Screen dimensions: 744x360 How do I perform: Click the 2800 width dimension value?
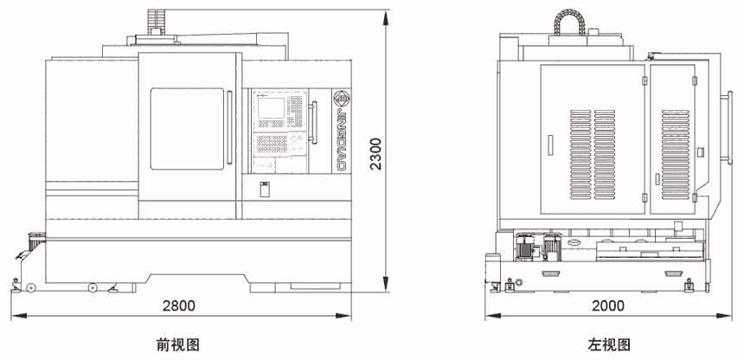pyautogui.click(x=178, y=305)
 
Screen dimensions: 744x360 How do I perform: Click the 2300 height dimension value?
pyautogui.click(x=375, y=153)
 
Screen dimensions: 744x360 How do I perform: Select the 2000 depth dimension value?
pyautogui.click(x=608, y=305)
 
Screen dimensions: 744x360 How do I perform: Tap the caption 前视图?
pyautogui.click(x=178, y=344)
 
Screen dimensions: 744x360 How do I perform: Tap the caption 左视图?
pyautogui.click(x=609, y=344)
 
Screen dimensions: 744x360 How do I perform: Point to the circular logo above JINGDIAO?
pyautogui.click(x=341, y=98)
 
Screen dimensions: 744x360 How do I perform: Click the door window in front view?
pyautogui.click(x=187, y=129)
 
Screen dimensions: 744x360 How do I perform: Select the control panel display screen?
pyautogui.click(x=272, y=107)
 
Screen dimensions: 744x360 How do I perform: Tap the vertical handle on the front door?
pyautogui.click(x=229, y=127)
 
